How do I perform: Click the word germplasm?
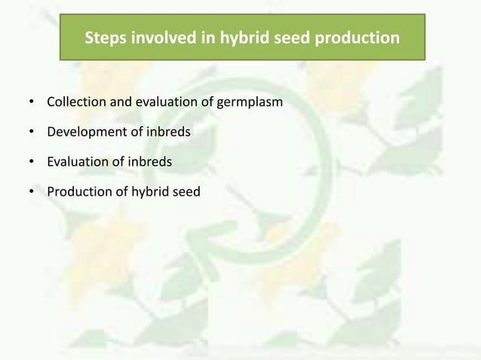pyautogui.click(x=250, y=101)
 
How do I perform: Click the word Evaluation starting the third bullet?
pyautogui.click(x=77, y=162)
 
